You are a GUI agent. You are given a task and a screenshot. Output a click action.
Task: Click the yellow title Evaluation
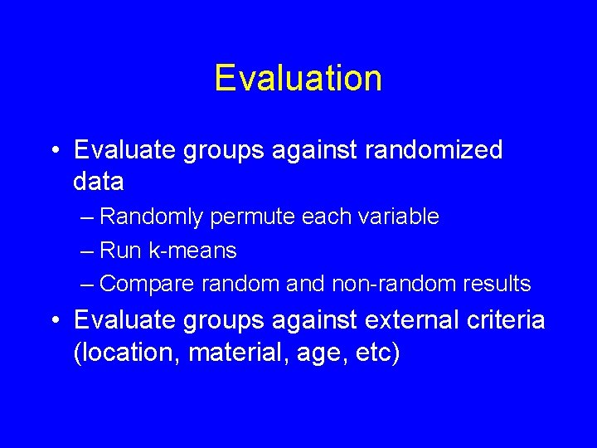298,79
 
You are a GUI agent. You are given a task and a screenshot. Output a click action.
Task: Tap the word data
99,181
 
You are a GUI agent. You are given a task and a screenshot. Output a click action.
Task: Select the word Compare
146,284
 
